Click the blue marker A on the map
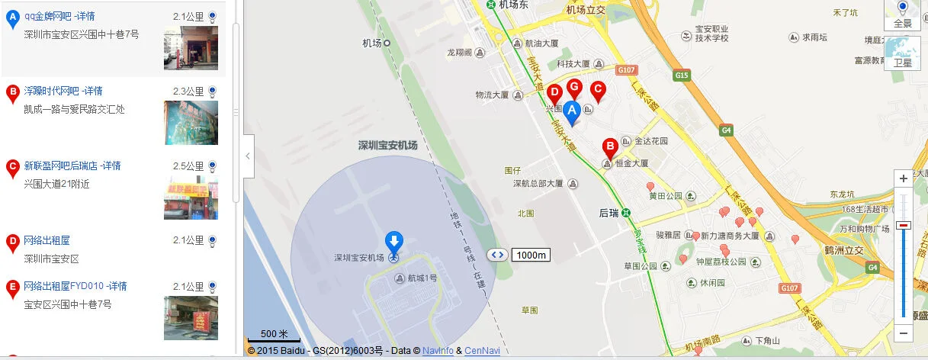(x=571, y=112)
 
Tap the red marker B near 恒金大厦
(x=610, y=147)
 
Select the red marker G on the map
(x=574, y=88)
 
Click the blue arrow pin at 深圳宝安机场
(x=393, y=243)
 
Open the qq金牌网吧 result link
(x=59, y=16)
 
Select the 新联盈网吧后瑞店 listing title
(x=62, y=166)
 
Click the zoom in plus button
(x=904, y=178)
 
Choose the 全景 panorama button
(x=903, y=16)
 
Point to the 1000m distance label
(x=531, y=255)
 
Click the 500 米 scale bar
(x=274, y=336)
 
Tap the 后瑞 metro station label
(x=608, y=213)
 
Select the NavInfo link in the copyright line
(x=438, y=351)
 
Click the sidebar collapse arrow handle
(x=248, y=156)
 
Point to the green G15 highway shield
(x=681, y=75)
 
